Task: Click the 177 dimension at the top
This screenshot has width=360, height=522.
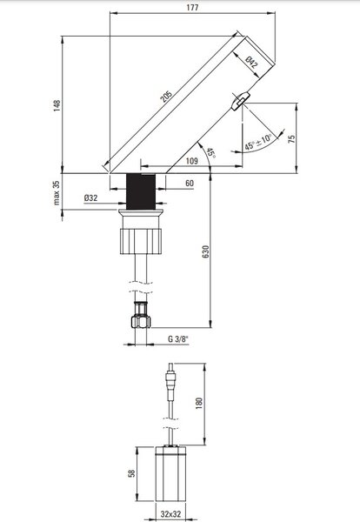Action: (x=192, y=7)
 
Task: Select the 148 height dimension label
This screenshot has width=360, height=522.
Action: (x=57, y=105)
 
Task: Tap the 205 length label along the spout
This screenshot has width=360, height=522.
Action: (x=166, y=97)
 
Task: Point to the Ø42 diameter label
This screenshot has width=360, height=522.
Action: (x=251, y=63)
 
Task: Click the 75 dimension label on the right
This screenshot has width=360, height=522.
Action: (x=291, y=139)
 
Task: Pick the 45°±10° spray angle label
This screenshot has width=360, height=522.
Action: (x=258, y=142)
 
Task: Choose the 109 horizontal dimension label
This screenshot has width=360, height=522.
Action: (x=191, y=161)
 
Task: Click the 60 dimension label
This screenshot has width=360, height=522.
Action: (x=190, y=183)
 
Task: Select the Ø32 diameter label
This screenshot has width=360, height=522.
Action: (x=90, y=198)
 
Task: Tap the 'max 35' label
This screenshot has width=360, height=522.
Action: (x=57, y=193)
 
